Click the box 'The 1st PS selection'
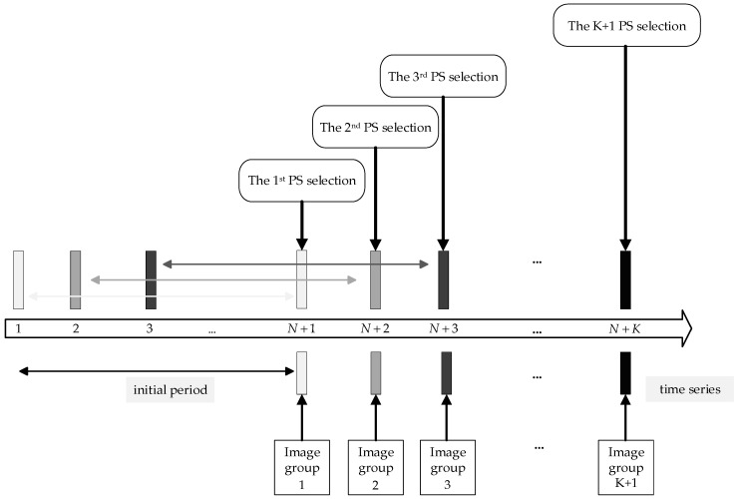300,182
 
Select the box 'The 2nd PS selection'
375,127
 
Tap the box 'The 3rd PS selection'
443,76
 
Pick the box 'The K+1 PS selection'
626,25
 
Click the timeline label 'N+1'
301,327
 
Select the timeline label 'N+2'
375,327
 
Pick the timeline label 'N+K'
625,327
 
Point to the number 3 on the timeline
150,327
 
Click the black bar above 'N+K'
625,279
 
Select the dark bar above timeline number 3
151,279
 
